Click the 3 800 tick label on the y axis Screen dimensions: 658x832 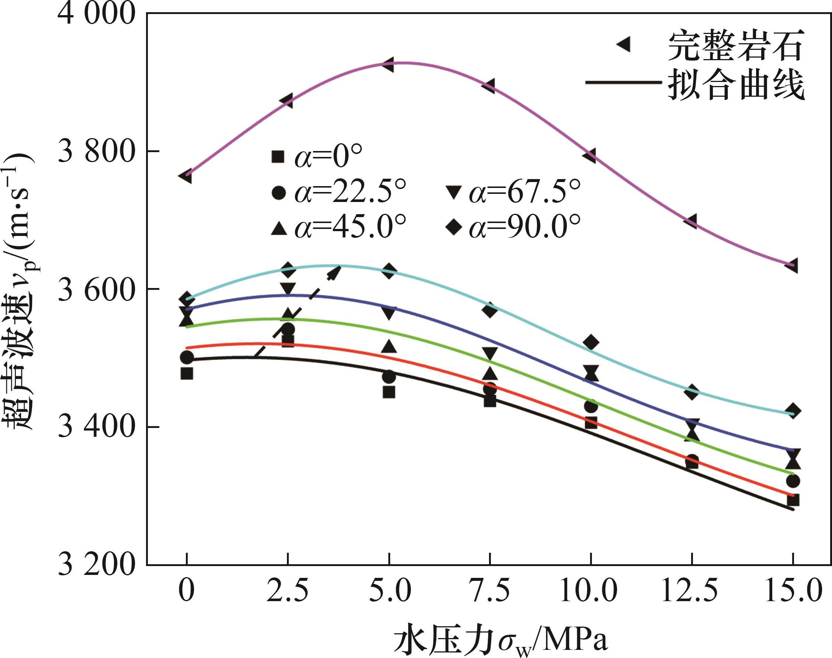96,151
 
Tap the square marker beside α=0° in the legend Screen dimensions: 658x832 278,157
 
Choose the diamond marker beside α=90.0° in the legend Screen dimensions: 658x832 454,227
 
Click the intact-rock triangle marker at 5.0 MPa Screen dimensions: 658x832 388,65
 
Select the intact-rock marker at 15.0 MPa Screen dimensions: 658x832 791,266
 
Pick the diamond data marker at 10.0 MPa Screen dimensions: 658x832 591,342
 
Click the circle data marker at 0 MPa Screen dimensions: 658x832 187,357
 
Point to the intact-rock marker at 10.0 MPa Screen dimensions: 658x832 590,156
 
